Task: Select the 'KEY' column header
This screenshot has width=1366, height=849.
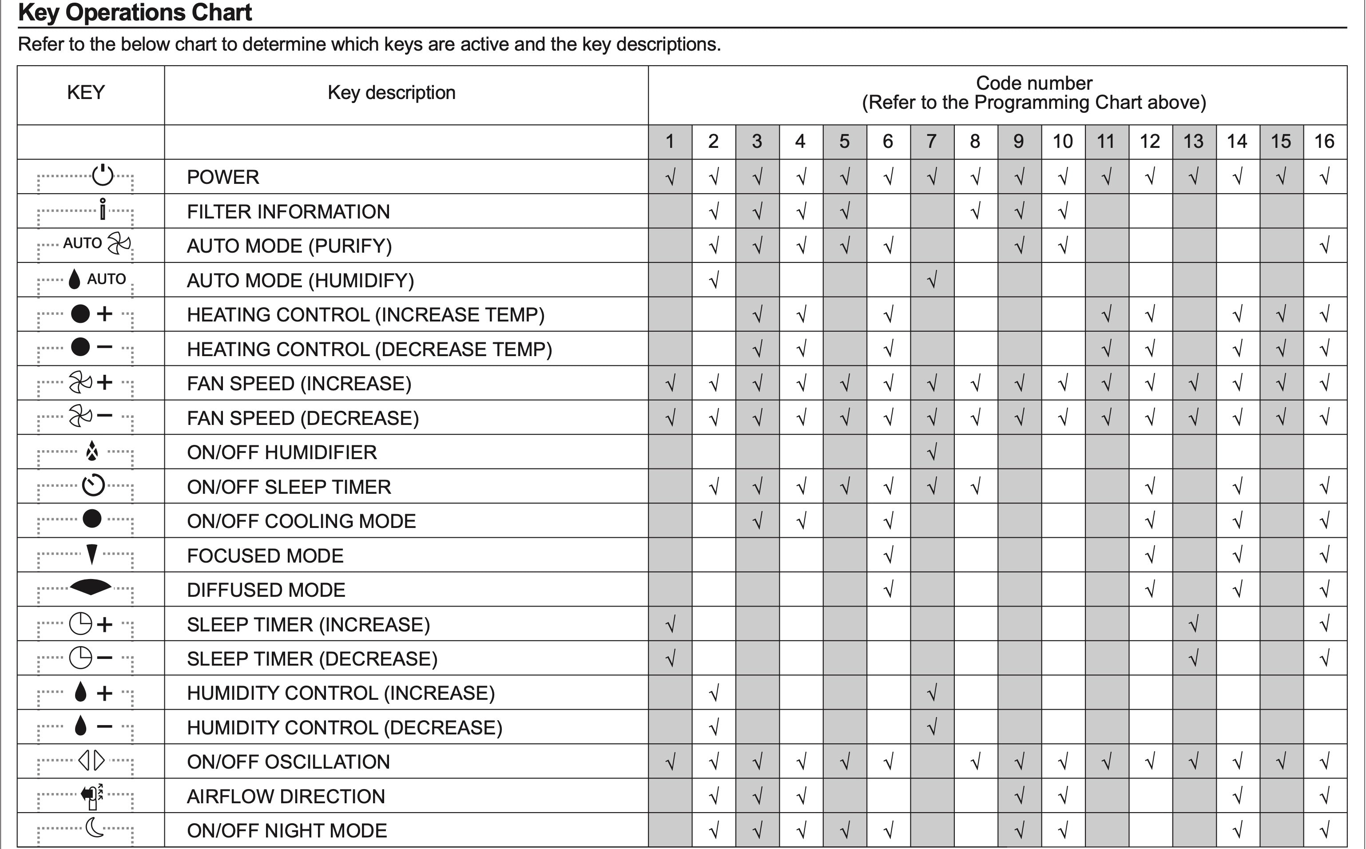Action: click(x=86, y=92)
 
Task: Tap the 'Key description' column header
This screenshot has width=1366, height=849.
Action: click(x=391, y=92)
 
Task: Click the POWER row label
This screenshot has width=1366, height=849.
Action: click(x=223, y=177)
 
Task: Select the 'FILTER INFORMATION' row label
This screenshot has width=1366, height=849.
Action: click(x=288, y=212)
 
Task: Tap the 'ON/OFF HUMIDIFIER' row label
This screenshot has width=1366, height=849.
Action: click(x=282, y=452)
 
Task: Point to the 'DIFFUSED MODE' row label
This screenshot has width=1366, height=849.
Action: click(x=266, y=590)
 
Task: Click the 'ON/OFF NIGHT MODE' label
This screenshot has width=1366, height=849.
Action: click(x=287, y=830)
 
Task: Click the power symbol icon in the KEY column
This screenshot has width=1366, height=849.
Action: click(x=103, y=175)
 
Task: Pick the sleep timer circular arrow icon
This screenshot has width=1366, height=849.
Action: click(x=93, y=486)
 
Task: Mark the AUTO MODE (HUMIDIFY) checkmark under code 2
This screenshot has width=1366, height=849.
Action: click(x=714, y=280)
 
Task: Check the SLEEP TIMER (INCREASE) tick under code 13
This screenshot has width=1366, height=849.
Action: click(x=1194, y=624)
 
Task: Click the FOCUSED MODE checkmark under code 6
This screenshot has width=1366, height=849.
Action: click(x=888, y=555)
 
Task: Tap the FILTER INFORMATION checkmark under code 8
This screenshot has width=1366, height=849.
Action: click(x=975, y=212)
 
